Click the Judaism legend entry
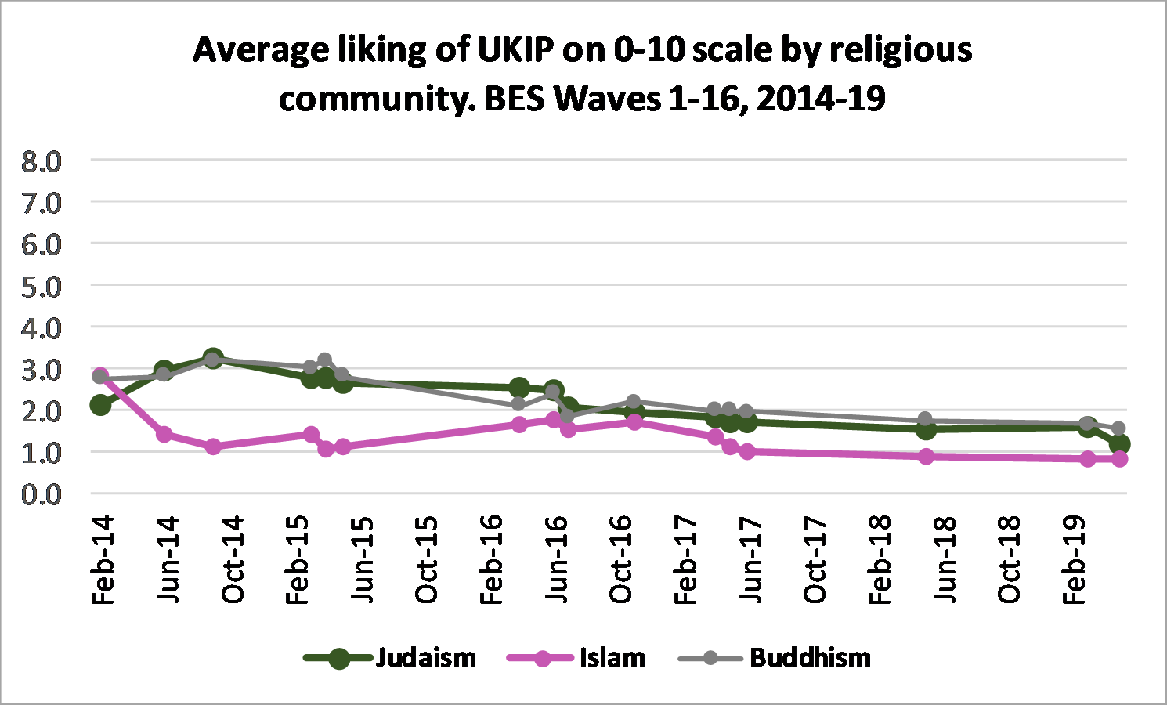425,657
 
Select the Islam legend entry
612,657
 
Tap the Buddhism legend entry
810,657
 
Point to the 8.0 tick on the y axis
42,161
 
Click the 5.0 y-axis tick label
42,287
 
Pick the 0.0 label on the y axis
42,494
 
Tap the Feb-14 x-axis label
103,560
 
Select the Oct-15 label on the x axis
427,560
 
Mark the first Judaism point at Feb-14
100,405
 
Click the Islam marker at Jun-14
164,434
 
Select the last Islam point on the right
1119,459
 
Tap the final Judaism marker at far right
1119,445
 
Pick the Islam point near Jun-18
926,456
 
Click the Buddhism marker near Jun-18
925,419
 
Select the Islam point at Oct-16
634,422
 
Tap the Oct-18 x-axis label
1010,560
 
